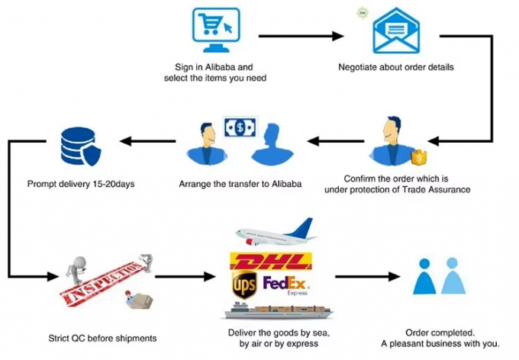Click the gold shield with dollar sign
click(417, 158)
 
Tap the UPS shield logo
click(245, 286)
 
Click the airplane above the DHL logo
click(275, 230)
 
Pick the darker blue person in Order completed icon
click(424, 277)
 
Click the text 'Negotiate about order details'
click(395, 67)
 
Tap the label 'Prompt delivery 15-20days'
click(81, 184)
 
